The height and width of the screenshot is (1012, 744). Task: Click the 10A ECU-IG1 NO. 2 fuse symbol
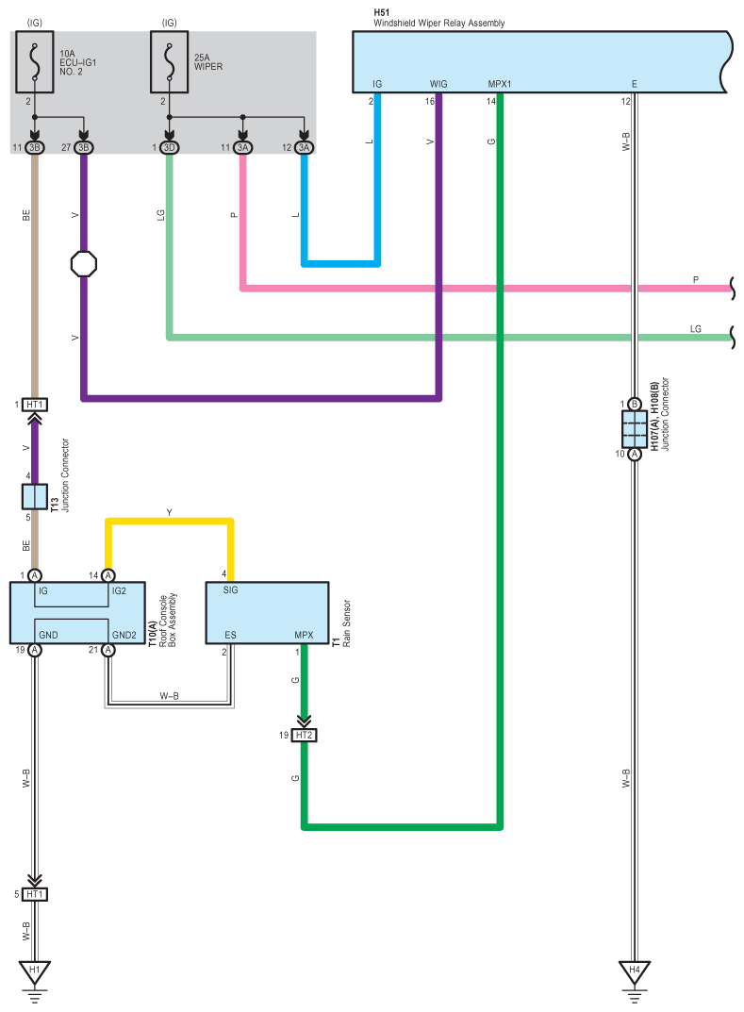35,62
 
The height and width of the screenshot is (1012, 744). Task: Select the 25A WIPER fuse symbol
169,62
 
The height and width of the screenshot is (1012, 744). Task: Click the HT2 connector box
304,735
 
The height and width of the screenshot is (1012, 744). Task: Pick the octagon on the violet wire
84,263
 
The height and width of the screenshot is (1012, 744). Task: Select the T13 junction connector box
35,497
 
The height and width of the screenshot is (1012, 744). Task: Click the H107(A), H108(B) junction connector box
635,429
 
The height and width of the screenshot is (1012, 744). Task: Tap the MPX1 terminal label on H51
500,84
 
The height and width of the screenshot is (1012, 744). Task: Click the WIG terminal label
438,84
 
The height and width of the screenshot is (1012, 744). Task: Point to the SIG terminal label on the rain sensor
230,589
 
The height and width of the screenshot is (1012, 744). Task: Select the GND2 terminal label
124,635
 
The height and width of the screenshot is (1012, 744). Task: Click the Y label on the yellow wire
169,512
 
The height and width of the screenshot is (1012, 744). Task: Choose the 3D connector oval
169,148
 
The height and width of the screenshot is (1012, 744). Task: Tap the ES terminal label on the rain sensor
230,635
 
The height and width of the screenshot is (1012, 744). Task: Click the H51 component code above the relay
381,12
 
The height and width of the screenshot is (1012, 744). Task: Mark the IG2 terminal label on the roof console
119,590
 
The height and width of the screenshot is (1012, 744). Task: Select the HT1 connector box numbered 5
35,894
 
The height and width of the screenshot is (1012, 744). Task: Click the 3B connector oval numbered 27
83,148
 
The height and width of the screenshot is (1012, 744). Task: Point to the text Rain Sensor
346,623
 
